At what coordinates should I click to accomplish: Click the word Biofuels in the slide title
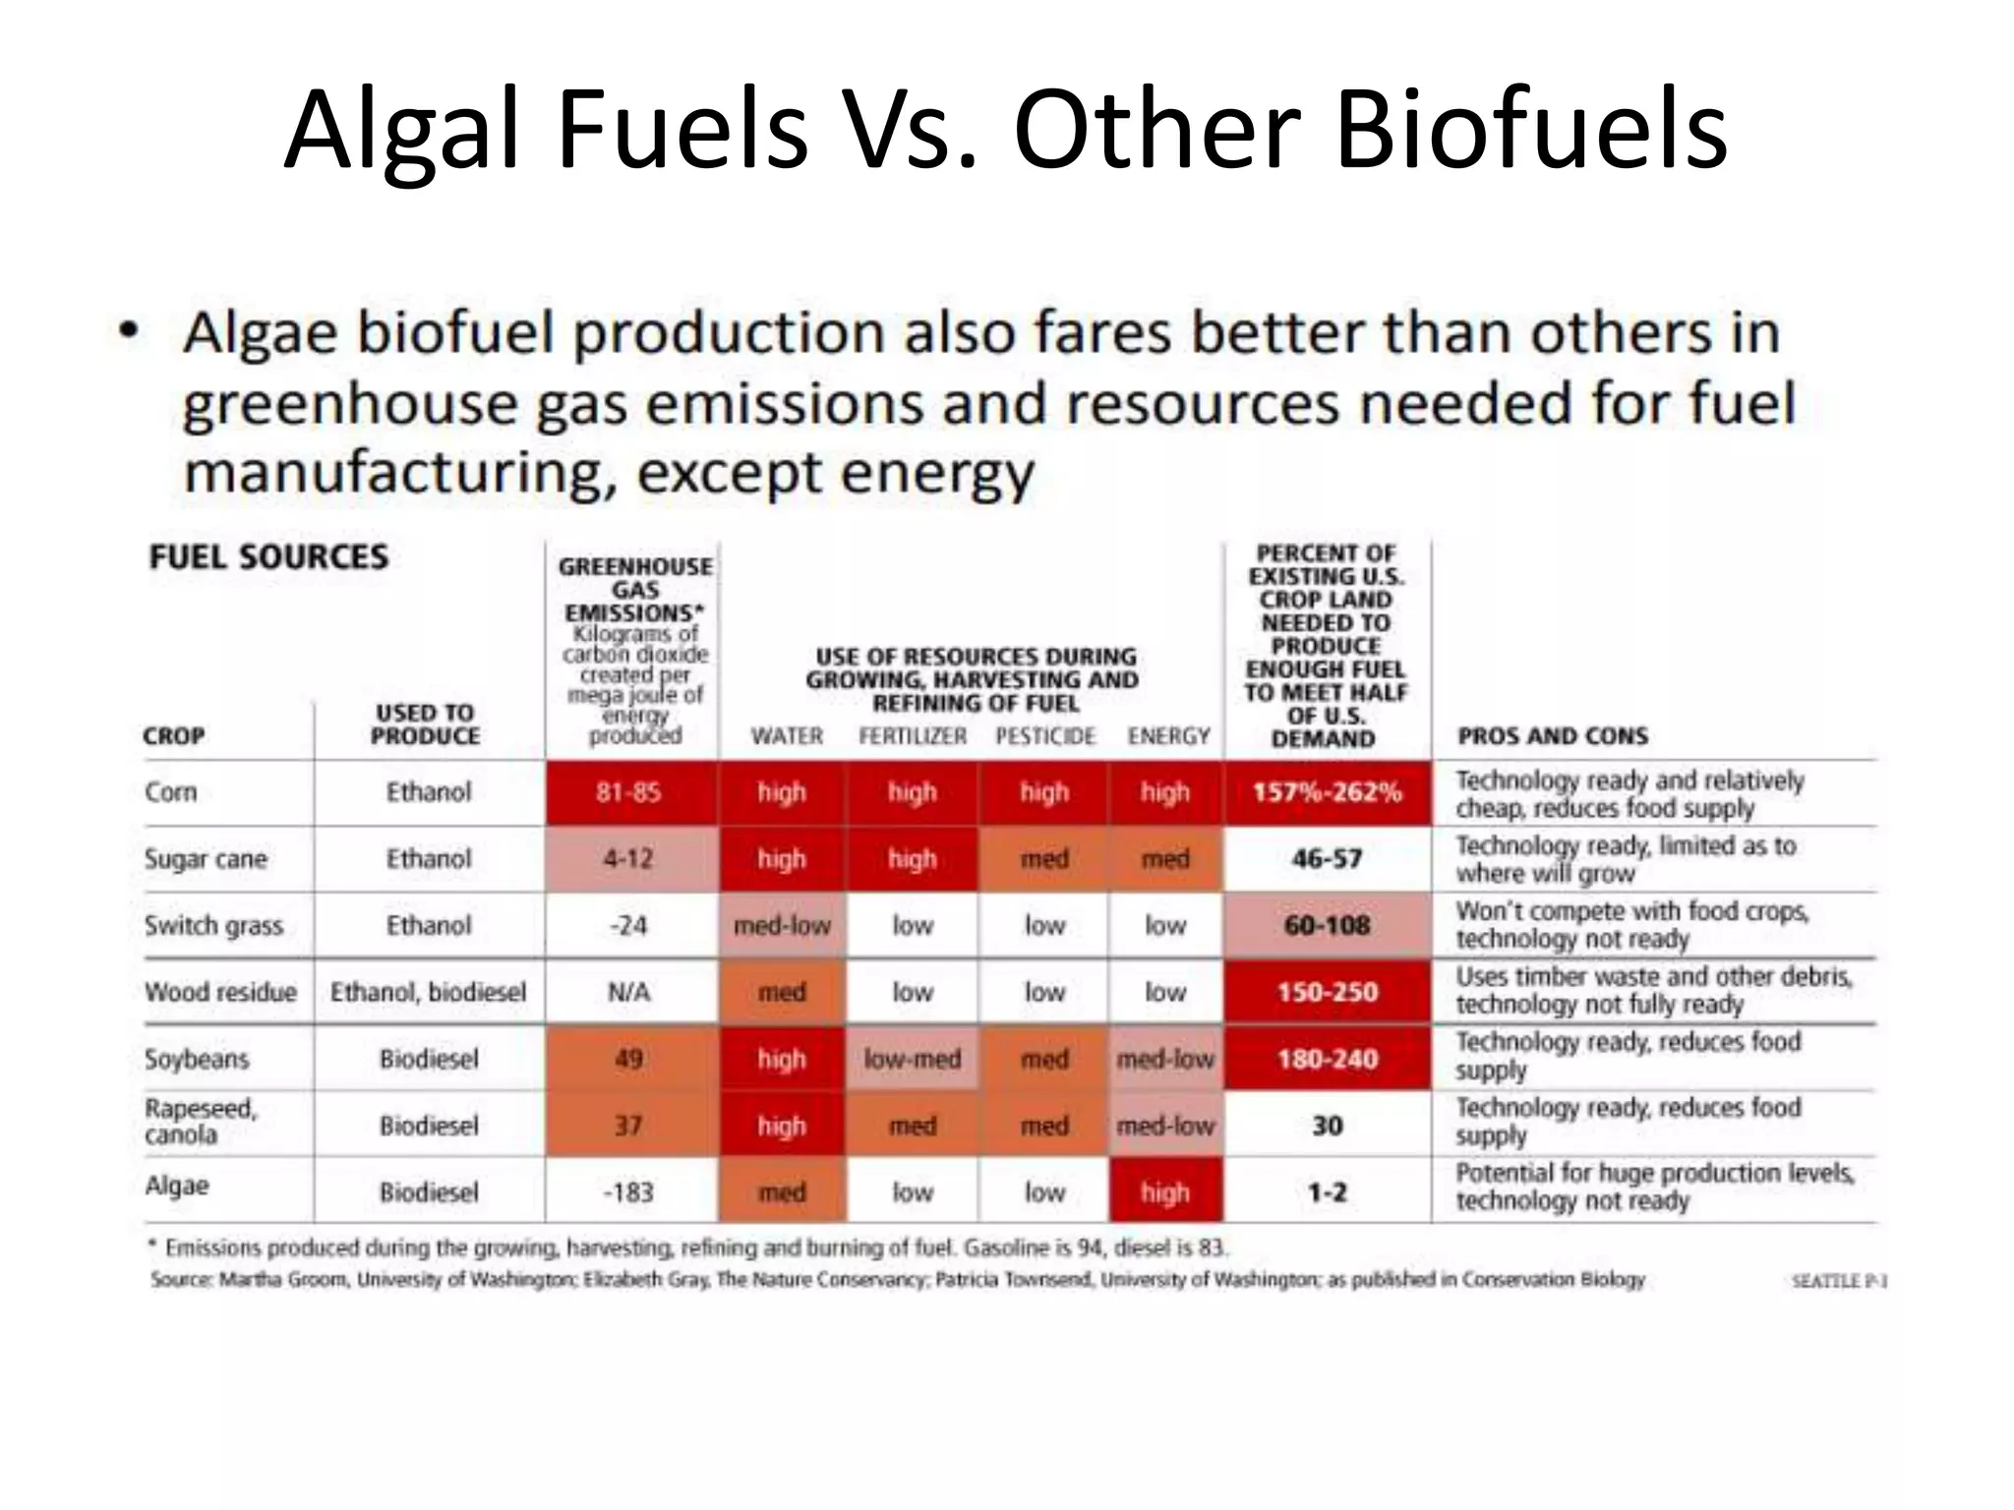[x=1530, y=131]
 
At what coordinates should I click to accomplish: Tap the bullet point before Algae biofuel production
[x=128, y=332]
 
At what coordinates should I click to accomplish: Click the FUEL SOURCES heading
[x=268, y=557]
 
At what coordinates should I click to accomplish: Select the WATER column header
[x=787, y=735]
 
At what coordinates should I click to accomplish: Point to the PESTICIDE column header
[x=1044, y=735]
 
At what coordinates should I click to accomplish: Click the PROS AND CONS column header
[x=1552, y=735]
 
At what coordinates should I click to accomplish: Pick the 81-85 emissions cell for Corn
[x=629, y=792]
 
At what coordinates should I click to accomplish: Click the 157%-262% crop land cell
[x=1327, y=792]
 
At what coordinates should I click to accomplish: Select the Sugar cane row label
[x=206, y=859]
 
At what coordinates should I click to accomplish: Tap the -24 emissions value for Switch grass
[x=629, y=925]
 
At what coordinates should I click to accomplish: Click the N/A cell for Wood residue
[x=629, y=992]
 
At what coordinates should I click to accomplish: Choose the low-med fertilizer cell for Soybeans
[x=912, y=1059]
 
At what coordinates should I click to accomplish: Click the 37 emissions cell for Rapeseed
[x=629, y=1125]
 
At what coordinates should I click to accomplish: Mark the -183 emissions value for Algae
[x=629, y=1191]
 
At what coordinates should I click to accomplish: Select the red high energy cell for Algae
[x=1165, y=1191]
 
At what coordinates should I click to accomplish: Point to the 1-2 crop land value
[x=1327, y=1191]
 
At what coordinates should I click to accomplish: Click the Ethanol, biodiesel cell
[x=429, y=992]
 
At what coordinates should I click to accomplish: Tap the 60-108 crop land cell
[x=1327, y=925]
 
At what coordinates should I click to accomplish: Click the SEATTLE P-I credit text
[x=1838, y=1281]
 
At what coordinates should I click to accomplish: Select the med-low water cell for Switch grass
[x=782, y=925]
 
